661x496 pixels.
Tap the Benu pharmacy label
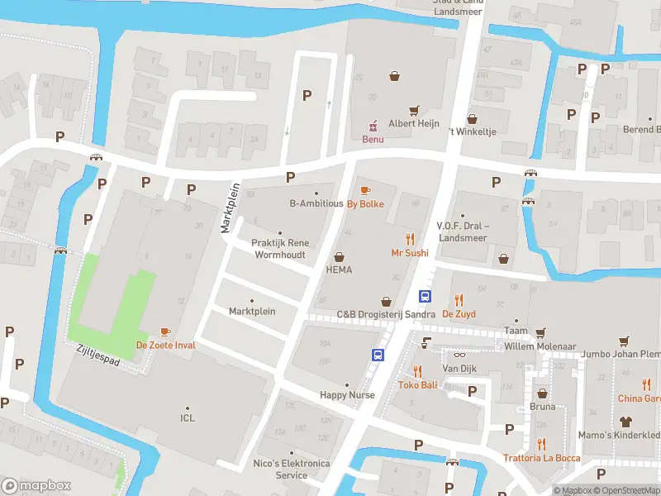[373, 139]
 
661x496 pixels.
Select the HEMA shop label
[339, 269]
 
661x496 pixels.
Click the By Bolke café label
[364, 203]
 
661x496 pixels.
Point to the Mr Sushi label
[410, 252]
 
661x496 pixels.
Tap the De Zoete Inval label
[165, 345]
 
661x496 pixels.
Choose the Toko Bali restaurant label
[417, 384]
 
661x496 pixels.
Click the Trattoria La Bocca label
[541, 458]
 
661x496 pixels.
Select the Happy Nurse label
[347, 395]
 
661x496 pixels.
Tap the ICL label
[188, 418]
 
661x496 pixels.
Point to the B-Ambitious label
[316, 203]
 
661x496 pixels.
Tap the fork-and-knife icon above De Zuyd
[459, 301]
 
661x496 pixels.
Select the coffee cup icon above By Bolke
[365, 191]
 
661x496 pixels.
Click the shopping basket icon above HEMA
[339, 256]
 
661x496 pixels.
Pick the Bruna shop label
[542, 406]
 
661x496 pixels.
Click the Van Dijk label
[460, 368]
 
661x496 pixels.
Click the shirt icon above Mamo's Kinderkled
[625, 422]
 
